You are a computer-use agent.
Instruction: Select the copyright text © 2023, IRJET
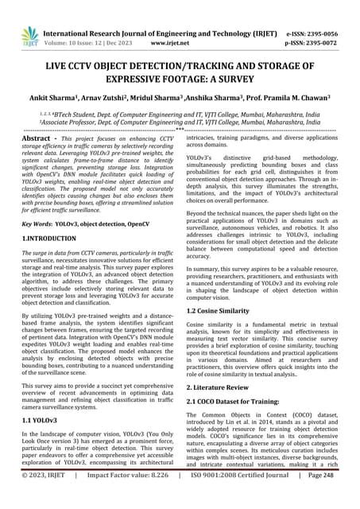[x=46, y=497]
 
